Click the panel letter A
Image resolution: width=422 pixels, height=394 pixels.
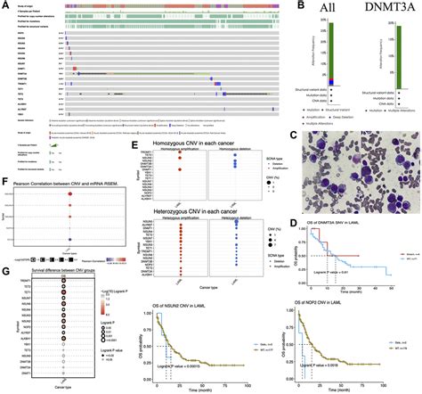pos(4,4)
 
